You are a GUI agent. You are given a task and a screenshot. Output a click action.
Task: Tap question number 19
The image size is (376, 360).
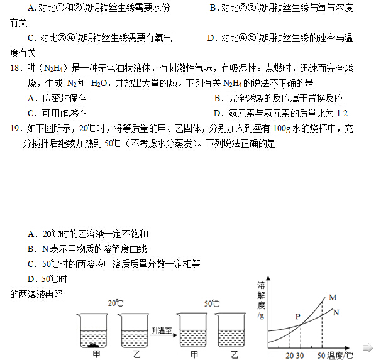click(16, 129)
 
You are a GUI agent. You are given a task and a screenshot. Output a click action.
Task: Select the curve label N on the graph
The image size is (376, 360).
click(336, 312)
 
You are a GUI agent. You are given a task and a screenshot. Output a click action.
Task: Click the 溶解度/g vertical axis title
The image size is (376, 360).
click(261, 298)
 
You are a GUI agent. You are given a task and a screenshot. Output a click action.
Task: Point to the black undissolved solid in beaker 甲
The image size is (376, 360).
click(95, 344)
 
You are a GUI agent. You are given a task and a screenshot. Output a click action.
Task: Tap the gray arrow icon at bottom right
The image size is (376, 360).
click(368, 347)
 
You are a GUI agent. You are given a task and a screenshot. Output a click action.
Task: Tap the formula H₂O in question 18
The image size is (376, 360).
click(100, 84)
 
